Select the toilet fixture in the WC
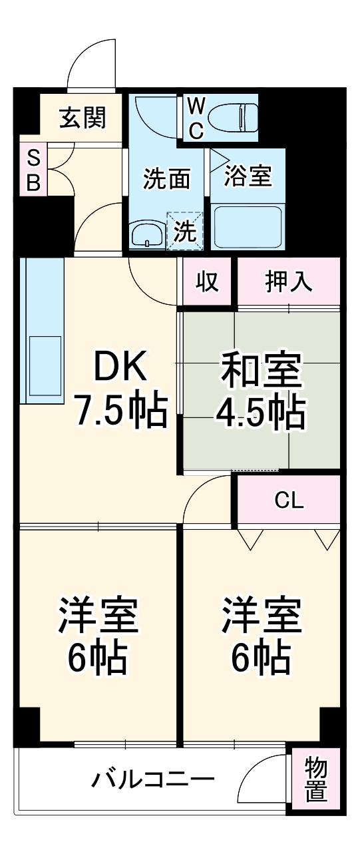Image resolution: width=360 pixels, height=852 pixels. tap(232, 117)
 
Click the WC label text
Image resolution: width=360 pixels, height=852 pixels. tap(195, 117)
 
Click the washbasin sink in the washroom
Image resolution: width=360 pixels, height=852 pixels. tap(146, 234)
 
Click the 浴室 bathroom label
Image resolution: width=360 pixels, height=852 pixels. tap(248, 177)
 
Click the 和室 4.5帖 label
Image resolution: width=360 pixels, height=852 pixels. tap(260, 390)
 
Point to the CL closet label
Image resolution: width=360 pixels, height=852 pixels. tap(289, 500)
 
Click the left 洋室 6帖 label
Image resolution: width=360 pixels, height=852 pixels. tap(98, 635)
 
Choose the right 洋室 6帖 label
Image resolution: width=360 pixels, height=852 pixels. tap(261, 635)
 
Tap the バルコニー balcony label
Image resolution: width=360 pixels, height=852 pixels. tap(153, 778)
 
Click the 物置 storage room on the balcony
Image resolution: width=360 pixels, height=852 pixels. tap(316, 780)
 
